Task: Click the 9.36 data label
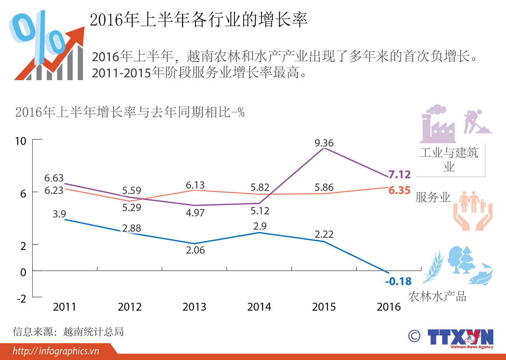pyautogui.click(x=324, y=143)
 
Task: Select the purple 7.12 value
pyautogui.click(x=400, y=175)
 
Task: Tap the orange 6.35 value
pyautogui.click(x=399, y=190)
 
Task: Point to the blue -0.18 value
pyautogui.click(x=398, y=281)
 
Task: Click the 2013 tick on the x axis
pyautogui.click(x=194, y=307)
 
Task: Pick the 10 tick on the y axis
pyautogui.click(x=20, y=141)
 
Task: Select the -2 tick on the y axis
pyautogui.click(x=21, y=299)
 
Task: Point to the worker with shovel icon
pyautogui.click(x=476, y=122)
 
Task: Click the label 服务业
pyautogui.click(x=432, y=197)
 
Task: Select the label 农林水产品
pyautogui.click(x=437, y=297)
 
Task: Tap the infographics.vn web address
pyautogui.click(x=56, y=351)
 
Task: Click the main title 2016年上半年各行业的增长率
pyautogui.click(x=199, y=19)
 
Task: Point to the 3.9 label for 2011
pyautogui.click(x=59, y=214)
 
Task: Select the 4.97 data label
pyautogui.click(x=195, y=213)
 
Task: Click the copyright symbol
pyautogui.click(x=414, y=336)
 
